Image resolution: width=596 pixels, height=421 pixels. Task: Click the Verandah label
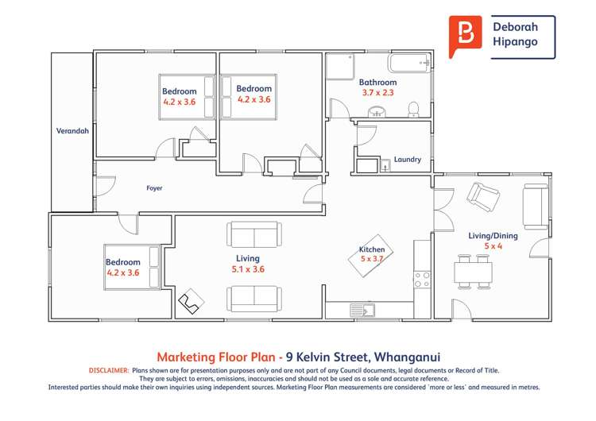(72, 131)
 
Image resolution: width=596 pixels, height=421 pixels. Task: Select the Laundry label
(407, 160)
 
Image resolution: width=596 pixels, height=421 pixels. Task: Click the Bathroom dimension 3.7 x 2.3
(377, 93)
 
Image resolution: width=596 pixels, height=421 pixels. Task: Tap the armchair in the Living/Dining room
(482, 195)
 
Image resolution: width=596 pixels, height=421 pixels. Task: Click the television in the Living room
(189, 300)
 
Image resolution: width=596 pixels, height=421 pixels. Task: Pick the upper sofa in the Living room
(253, 234)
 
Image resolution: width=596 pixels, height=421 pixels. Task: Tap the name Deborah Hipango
(521, 36)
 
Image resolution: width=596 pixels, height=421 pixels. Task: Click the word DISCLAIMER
(106, 370)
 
